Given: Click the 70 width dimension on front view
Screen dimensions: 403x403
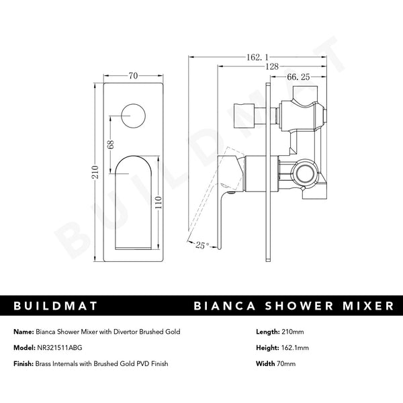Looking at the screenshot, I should click(x=133, y=76).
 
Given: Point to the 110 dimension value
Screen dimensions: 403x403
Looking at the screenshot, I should click(x=159, y=202).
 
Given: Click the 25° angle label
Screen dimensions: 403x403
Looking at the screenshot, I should click(x=203, y=247).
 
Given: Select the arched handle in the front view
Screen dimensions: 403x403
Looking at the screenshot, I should click(x=134, y=195).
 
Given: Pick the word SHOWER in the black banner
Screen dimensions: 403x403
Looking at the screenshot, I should click(x=294, y=306).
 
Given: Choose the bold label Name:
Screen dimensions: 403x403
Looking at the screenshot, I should click(x=24, y=331).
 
